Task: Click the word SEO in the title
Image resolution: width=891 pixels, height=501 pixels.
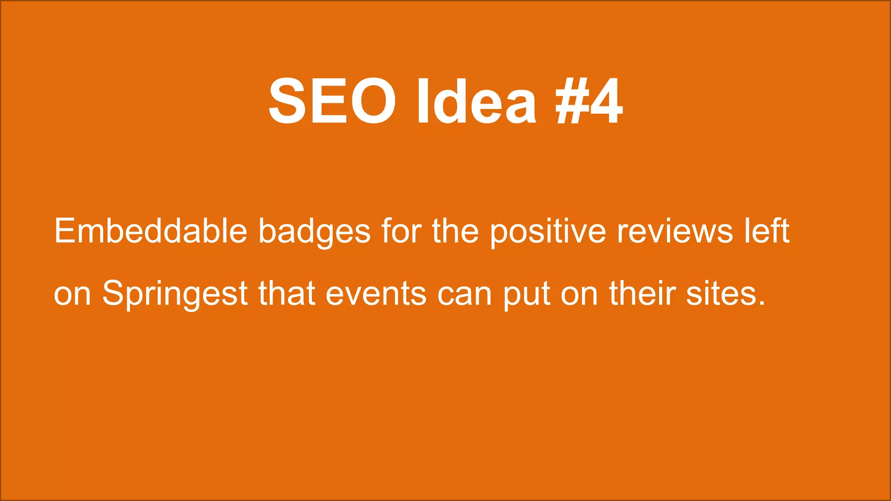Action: click(332, 101)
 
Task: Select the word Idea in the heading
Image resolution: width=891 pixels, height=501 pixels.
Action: click(476, 101)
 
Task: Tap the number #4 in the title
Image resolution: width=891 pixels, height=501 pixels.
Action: click(590, 101)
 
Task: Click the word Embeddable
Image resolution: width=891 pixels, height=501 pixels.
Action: click(151, 231)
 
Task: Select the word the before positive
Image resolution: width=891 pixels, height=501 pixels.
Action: click(455, 231)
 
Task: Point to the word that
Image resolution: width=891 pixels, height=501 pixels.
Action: click(287, 293)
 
